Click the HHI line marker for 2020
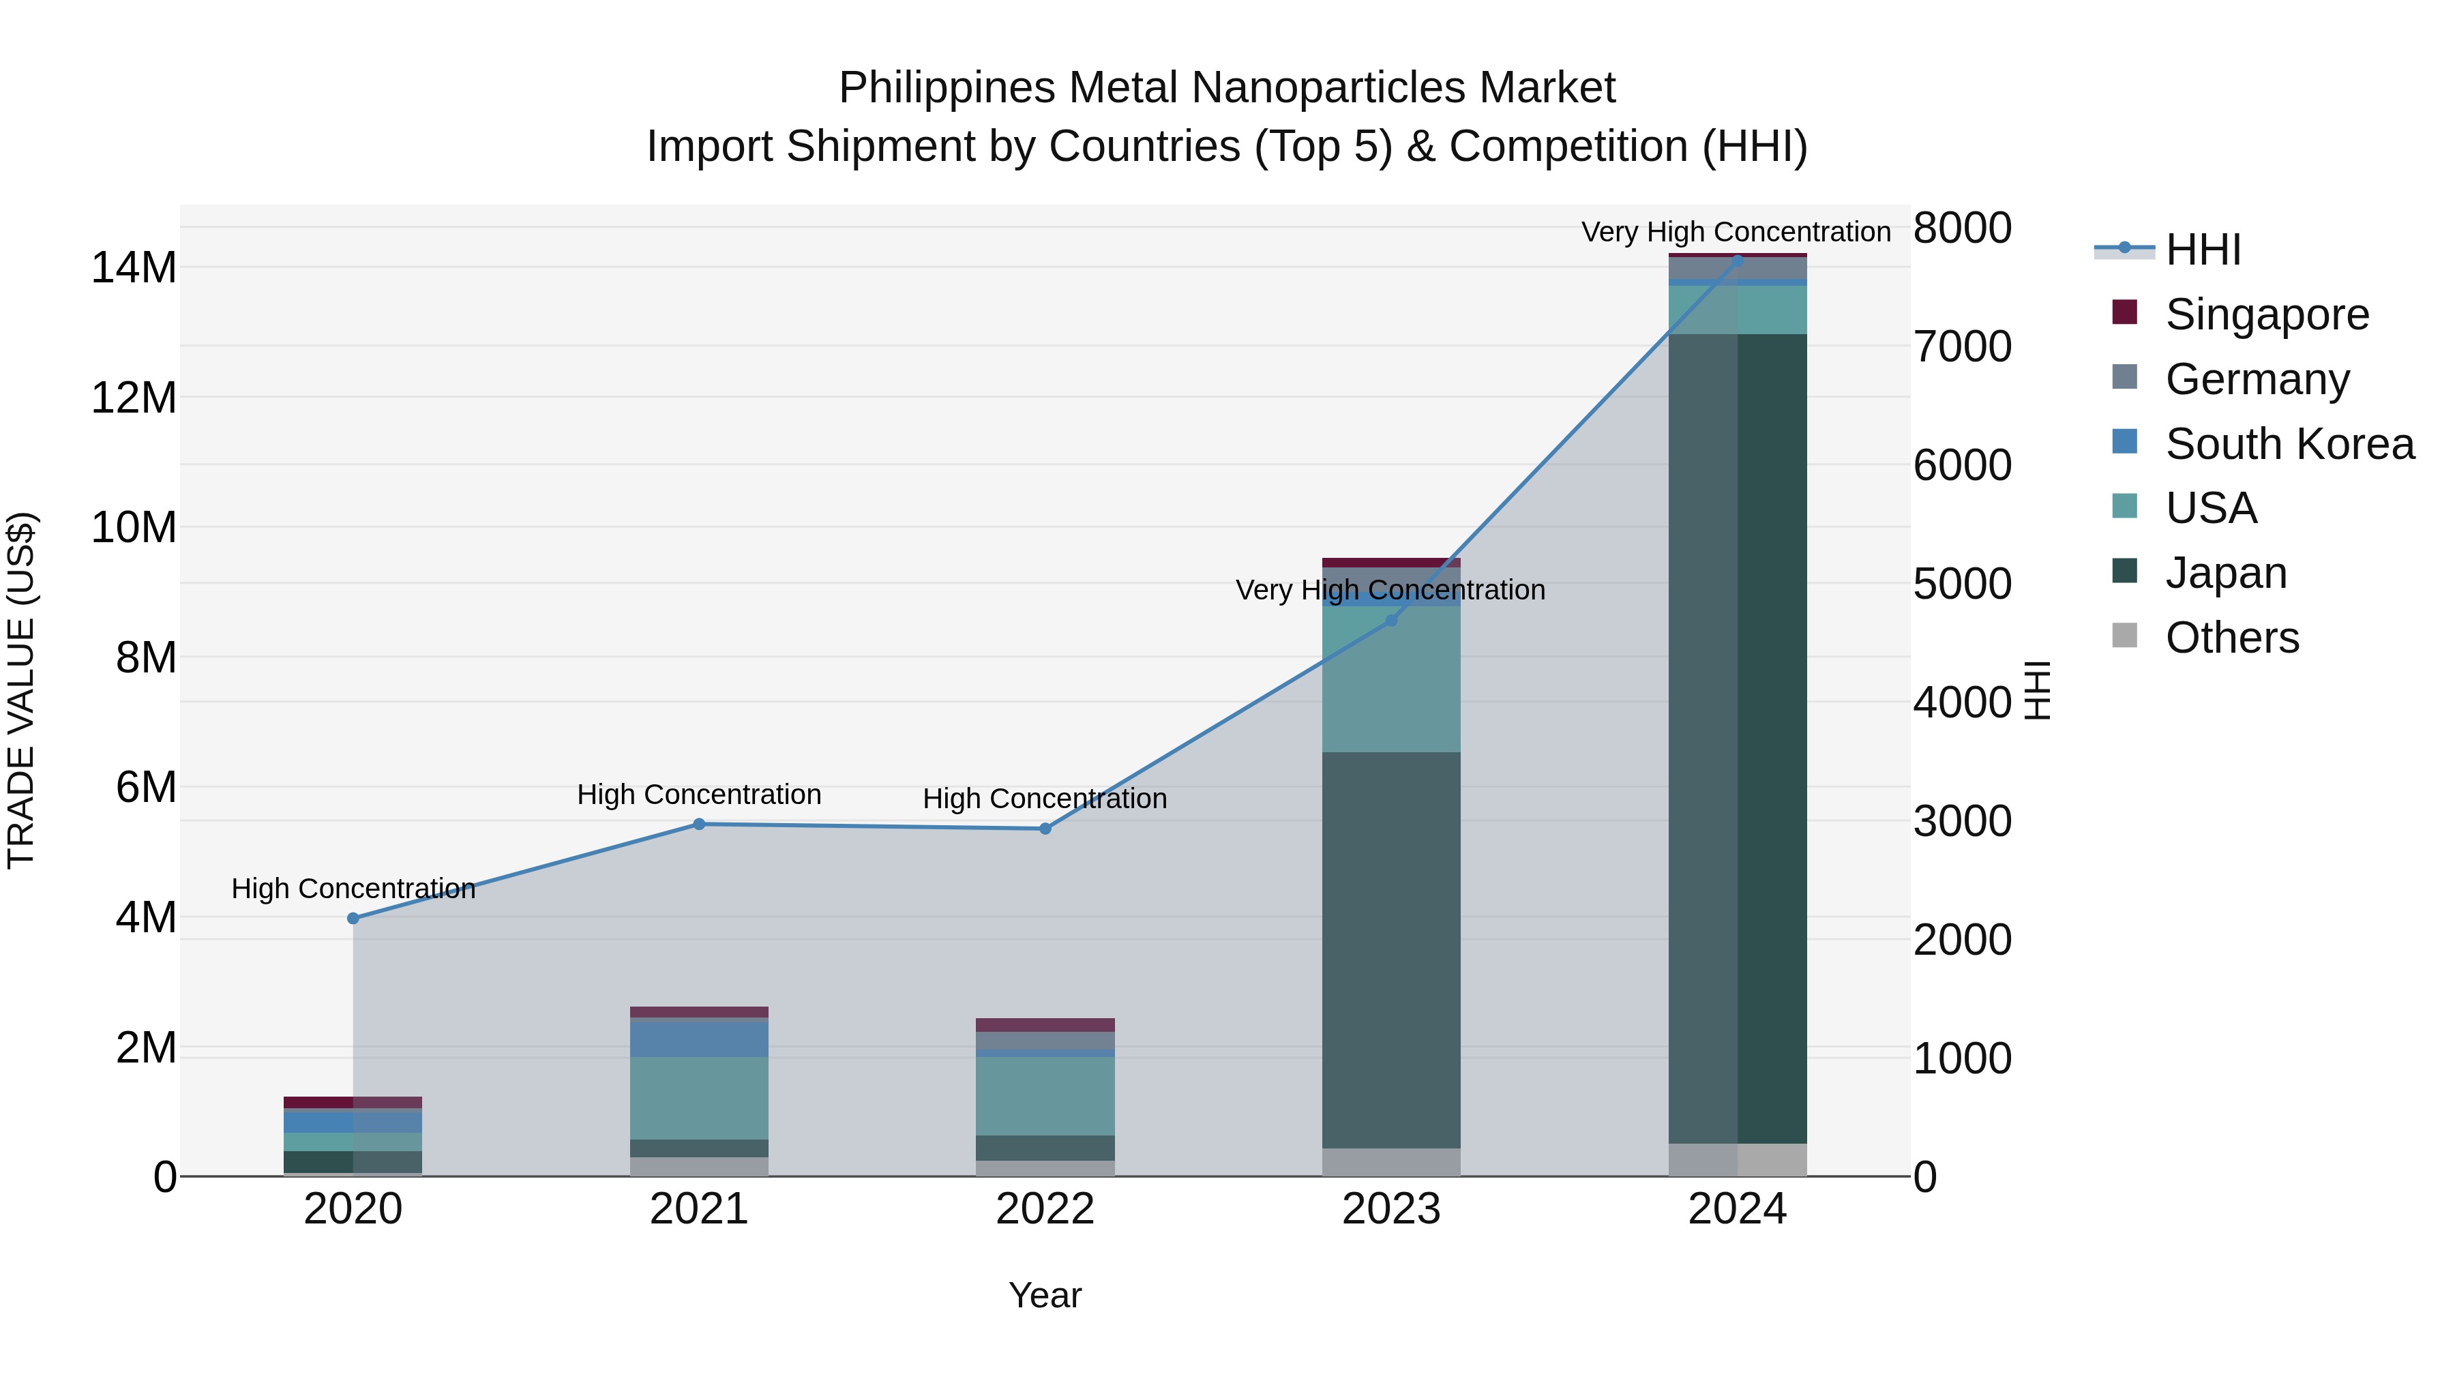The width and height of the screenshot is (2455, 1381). click(x=353, y=918)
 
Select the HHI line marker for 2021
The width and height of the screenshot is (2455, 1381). click(x=698, y=825)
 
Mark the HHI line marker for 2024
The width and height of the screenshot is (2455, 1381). click(x=1736, y=259)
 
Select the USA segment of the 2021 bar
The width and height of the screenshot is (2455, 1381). click(x=698, y=1098)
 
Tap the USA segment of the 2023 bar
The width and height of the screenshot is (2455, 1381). click(x=1390, y=679)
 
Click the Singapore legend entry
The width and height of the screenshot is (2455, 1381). click(x=2266, y=314)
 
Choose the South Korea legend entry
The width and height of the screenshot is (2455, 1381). click(x=2289, y=444)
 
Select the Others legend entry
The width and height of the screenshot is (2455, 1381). click(x=2231, y=638)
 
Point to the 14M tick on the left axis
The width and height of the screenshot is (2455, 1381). click(x=134, y=268)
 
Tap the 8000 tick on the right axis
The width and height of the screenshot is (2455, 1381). click(x=1962, y=228)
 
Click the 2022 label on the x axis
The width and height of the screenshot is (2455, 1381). click(x=1045, y=1209)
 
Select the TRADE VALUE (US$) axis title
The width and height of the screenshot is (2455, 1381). click(x=22, y=690)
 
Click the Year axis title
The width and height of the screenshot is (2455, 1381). click(x=1045, y=1295)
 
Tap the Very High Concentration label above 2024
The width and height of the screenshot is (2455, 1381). click(x=1736, y=232)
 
